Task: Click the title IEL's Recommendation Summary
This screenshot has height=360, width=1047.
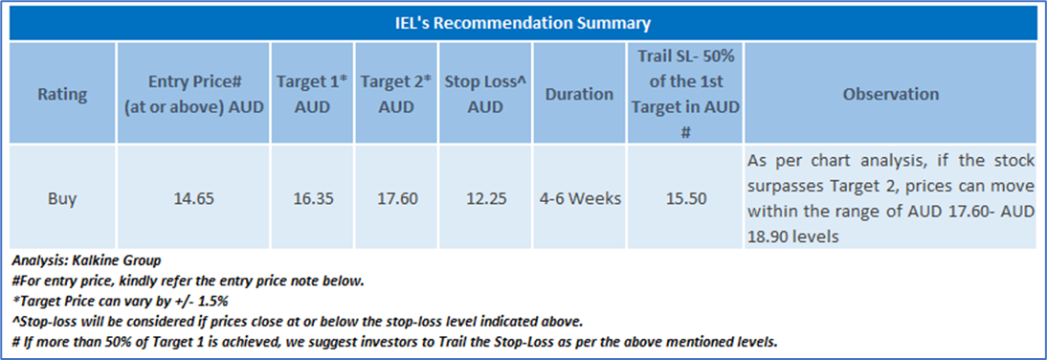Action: [x=523, y=24]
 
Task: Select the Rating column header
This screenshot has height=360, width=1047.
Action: [x=62, y=94]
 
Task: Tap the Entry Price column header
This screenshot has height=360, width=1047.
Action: [x=193, y=94]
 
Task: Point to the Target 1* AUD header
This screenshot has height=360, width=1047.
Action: [x=313, y=94]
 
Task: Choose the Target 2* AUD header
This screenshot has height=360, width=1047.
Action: [x=396, y=94]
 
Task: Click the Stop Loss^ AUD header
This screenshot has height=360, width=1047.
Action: [x=485, y=94]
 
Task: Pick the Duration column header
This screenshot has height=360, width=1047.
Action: [x=580, y=94]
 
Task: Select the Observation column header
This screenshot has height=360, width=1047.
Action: [x=891, y=94]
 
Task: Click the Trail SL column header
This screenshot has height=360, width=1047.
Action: [x=685, y=94]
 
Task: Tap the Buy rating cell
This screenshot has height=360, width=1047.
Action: [x=62, y=197]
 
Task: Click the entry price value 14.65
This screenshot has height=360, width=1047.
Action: [x=193, y=198]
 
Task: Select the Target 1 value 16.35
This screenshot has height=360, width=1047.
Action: [x=313, y=198]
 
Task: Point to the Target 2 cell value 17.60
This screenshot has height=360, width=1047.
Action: [x=396, y=198]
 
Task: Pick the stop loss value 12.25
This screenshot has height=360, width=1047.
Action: [x=485, y=198]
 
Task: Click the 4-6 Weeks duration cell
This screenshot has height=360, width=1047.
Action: [x=580, y=198]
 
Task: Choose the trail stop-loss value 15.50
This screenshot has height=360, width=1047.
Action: [x=685, y=198]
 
